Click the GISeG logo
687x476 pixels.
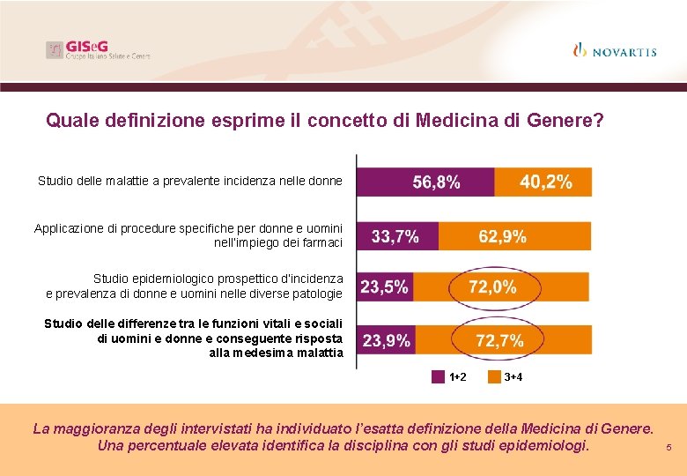[98, 50]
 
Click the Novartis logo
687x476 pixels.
[614, 50]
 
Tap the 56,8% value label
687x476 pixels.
[436, 182]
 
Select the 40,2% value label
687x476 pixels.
[546, 182]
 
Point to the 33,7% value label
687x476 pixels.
[395, 236]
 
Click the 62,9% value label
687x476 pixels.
[502, 236]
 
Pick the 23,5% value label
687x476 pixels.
[384, 287]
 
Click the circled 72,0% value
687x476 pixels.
[491, 287]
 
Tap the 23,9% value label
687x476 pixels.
[386, 341]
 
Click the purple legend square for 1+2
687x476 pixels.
[438, 377]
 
